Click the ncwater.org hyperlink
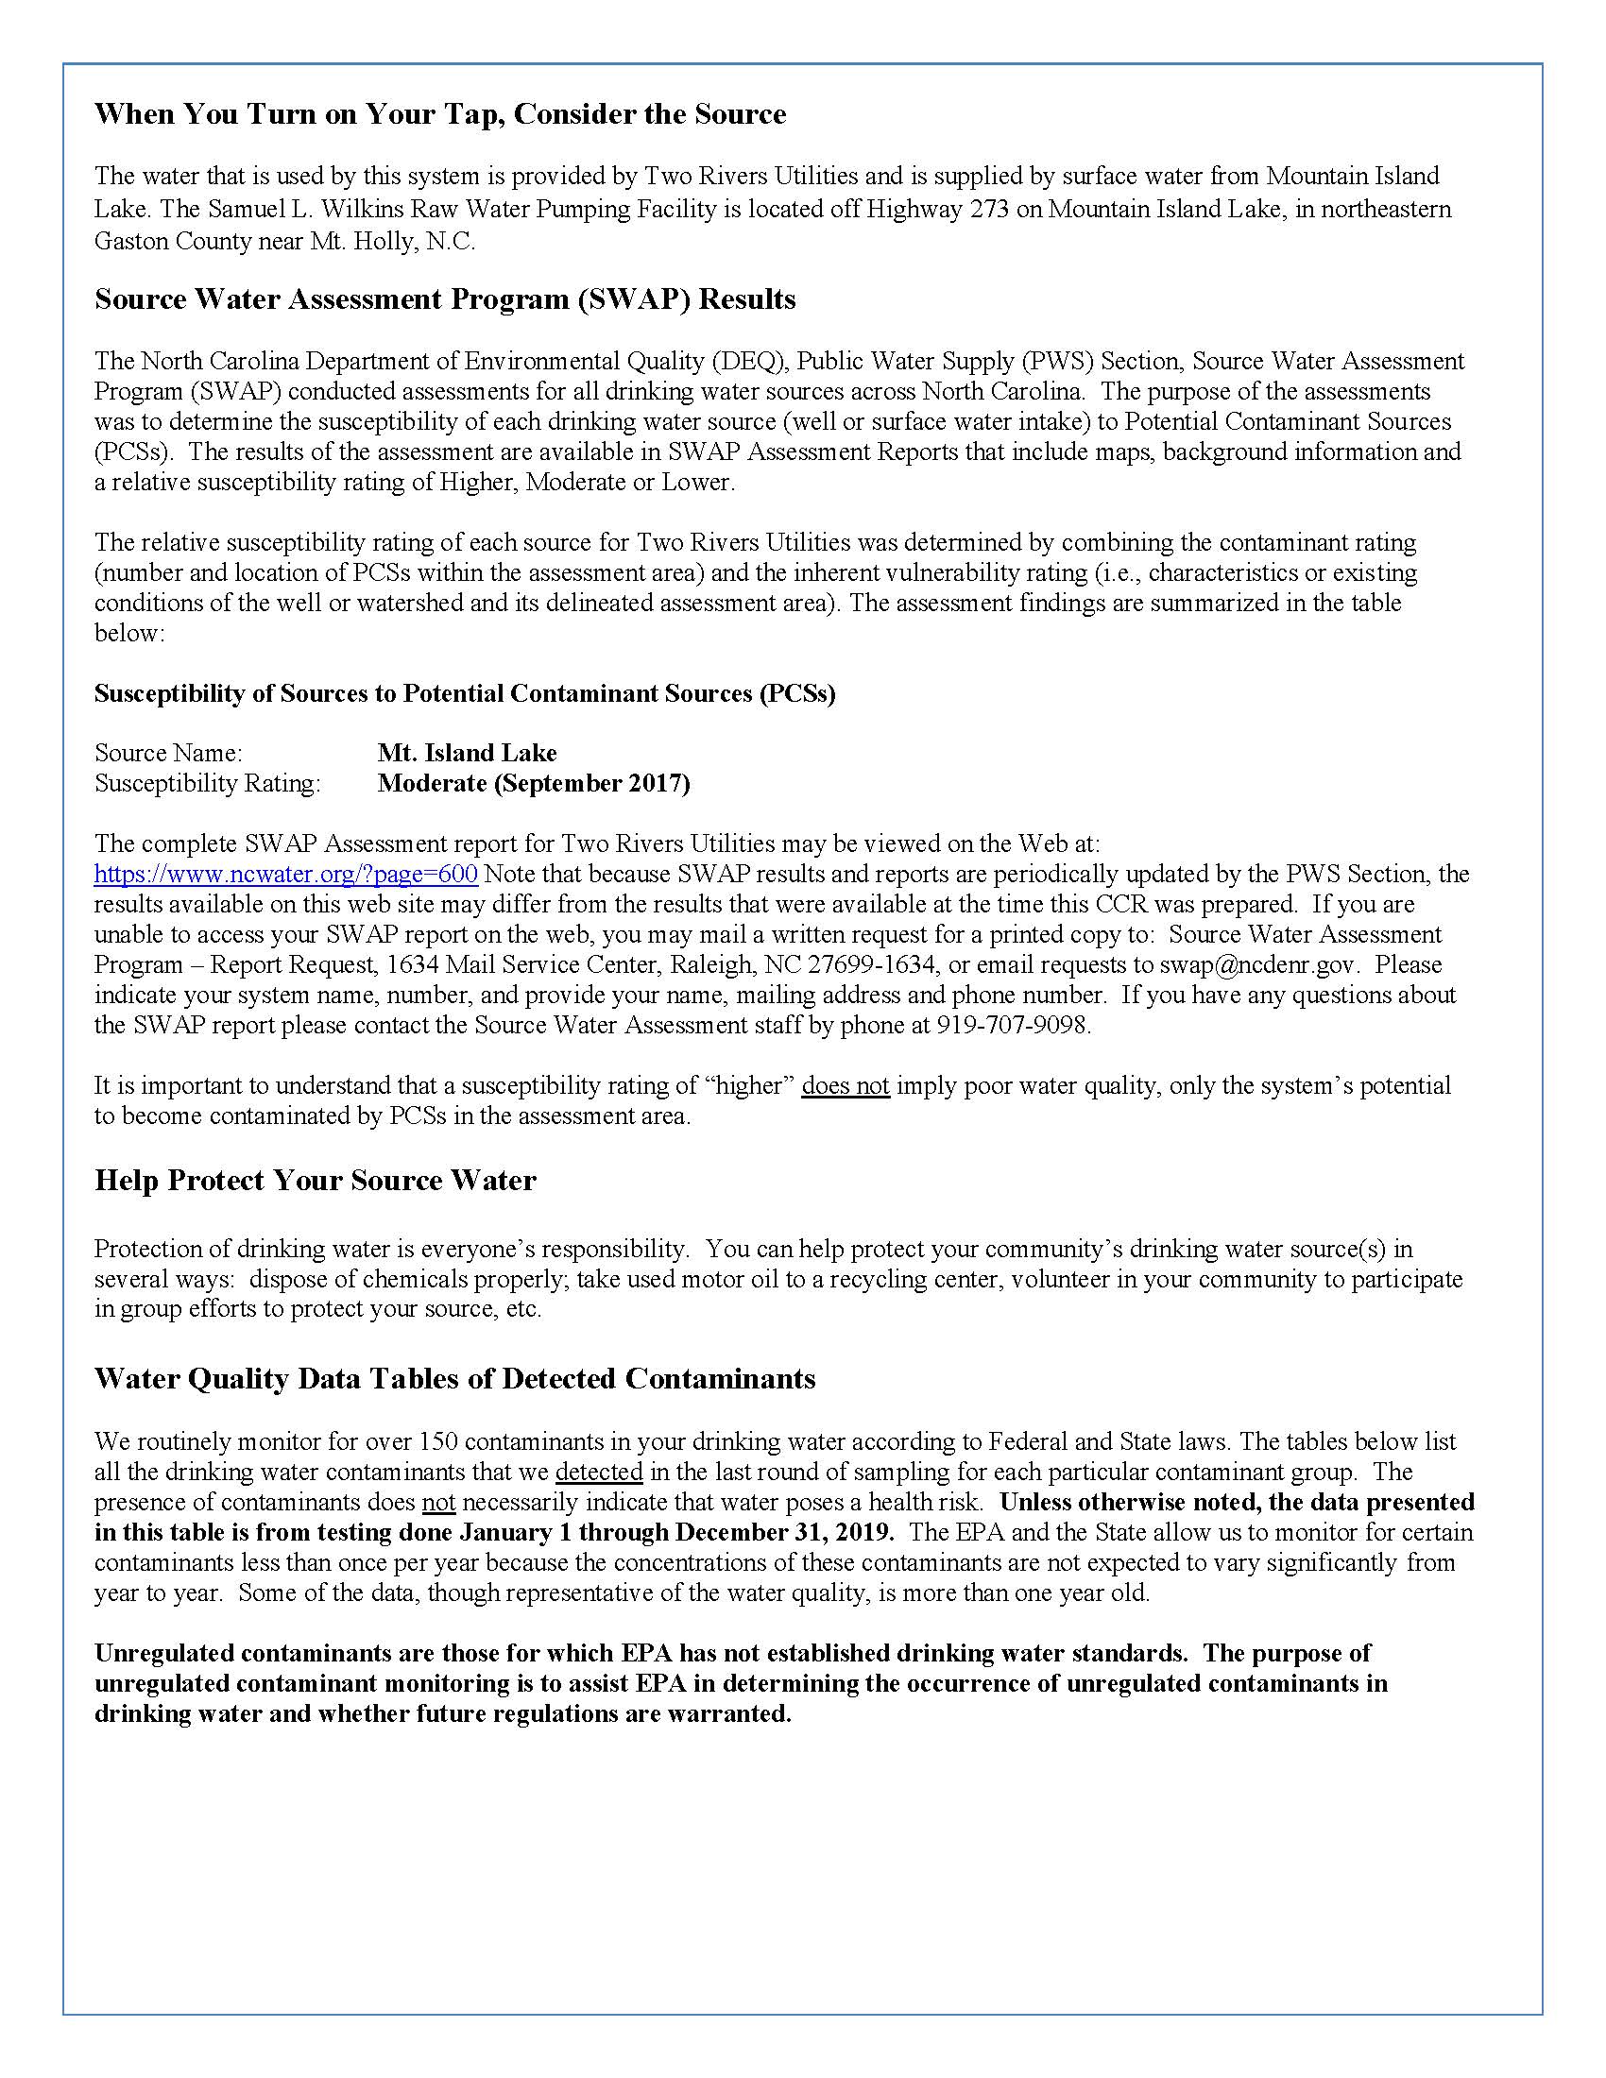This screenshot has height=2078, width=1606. pyautogui.click(x=285, y=874)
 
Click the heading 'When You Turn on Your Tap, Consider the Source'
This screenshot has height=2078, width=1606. pyautogui.click(x=440, y=114)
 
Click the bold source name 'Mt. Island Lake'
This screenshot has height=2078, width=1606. pyautogui.click(x=467, y=753)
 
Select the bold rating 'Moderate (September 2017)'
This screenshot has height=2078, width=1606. pyautogui.click(x=534, y=783)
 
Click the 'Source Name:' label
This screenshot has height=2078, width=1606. pyautogui.click(x=168, y=753)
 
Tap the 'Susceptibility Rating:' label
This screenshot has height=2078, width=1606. pyautogui.click(x=208, y=783)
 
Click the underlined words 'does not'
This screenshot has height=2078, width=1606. pyautogui.click(x=845, y=1085)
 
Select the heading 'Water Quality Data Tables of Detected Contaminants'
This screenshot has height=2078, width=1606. pyautogui.click(x=454, y=1379)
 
